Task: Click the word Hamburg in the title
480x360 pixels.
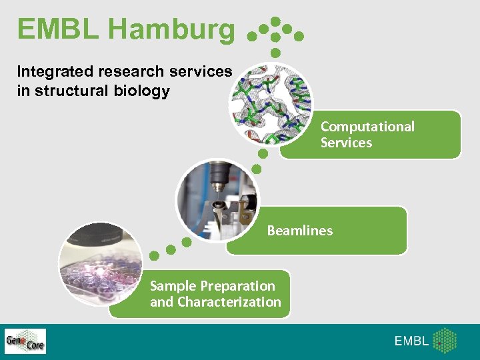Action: (x=171, y=29)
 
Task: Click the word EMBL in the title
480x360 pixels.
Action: (x=58, y=29)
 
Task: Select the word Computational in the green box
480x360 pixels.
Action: (x=367, y=127)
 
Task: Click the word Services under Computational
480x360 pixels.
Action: (x=346, y=143)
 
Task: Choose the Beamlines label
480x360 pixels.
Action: (x=299, y=231)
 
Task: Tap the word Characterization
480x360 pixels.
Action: (x=229, y=302)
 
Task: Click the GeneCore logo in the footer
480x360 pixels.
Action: (x=25, y=341)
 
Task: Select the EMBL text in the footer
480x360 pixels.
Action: (x=411, y=341)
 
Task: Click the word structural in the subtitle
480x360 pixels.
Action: (x=75, y=91)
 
